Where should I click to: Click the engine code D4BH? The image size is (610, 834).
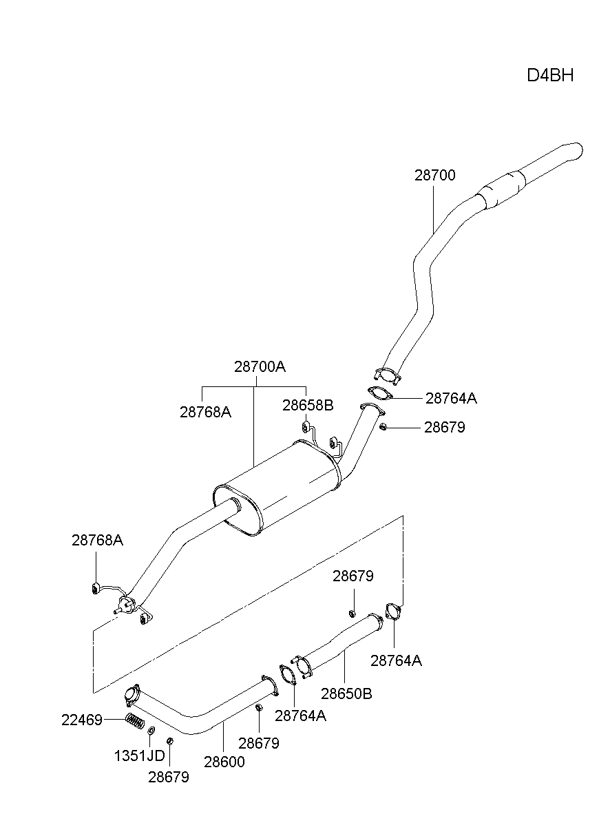[x=550, y=75]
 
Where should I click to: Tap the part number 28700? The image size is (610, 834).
[x=434, y=175]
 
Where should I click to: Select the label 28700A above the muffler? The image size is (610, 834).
[x=260, y=366]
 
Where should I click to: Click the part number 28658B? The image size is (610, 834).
[x=307, y=405]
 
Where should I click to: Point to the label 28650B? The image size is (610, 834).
[x=346, y=693]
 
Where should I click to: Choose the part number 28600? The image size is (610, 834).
[x=224, y=762]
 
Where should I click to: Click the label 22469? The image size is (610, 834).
[x=81, y=720]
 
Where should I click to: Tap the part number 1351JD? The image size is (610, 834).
[x=139, y=755]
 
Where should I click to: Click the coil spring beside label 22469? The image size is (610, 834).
[x=135, y=722]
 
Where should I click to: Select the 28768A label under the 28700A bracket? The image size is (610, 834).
[x=205, y=412]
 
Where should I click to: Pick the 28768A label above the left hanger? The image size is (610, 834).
[x=97, y=540]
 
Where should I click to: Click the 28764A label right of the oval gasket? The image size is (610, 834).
[x=451, y=398]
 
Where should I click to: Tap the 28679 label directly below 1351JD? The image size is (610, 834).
[x=168, y=777]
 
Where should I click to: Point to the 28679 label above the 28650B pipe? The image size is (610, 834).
[x=353, y=576]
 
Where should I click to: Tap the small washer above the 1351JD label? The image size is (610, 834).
[x=151, y=730]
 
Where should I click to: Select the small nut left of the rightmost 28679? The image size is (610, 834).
[x=383, y=428]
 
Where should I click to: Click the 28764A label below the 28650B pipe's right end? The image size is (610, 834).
[x=396, y=660]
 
